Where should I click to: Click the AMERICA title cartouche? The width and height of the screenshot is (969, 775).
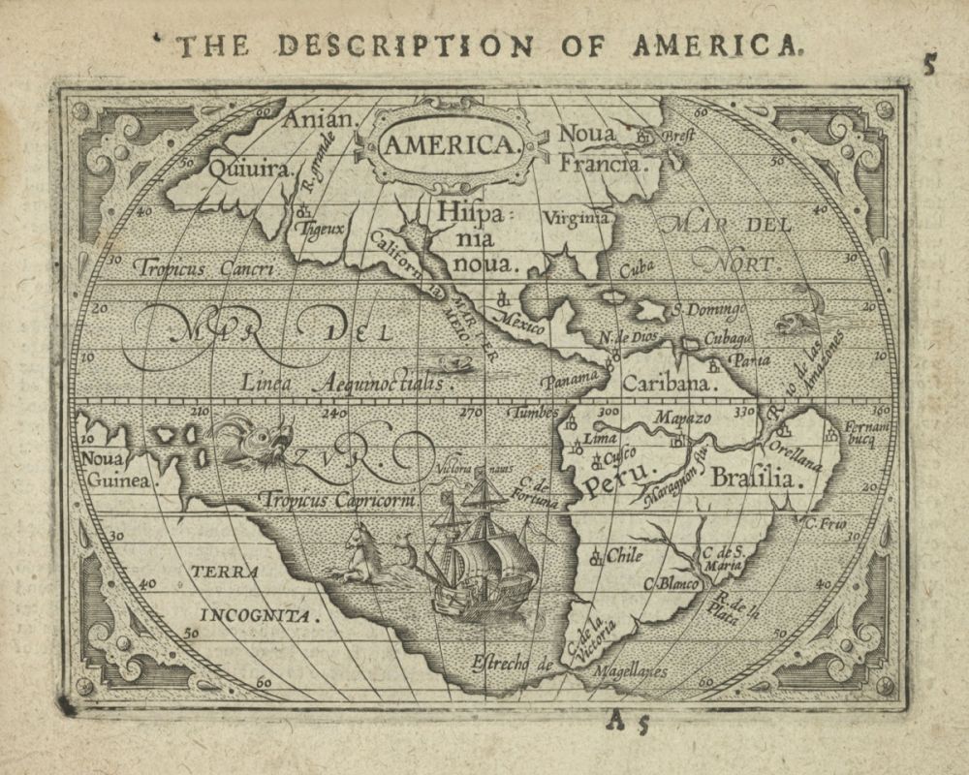pos(448,145)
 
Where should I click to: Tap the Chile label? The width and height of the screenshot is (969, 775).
pos(625,556)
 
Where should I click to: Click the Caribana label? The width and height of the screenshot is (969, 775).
pos(669,383)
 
